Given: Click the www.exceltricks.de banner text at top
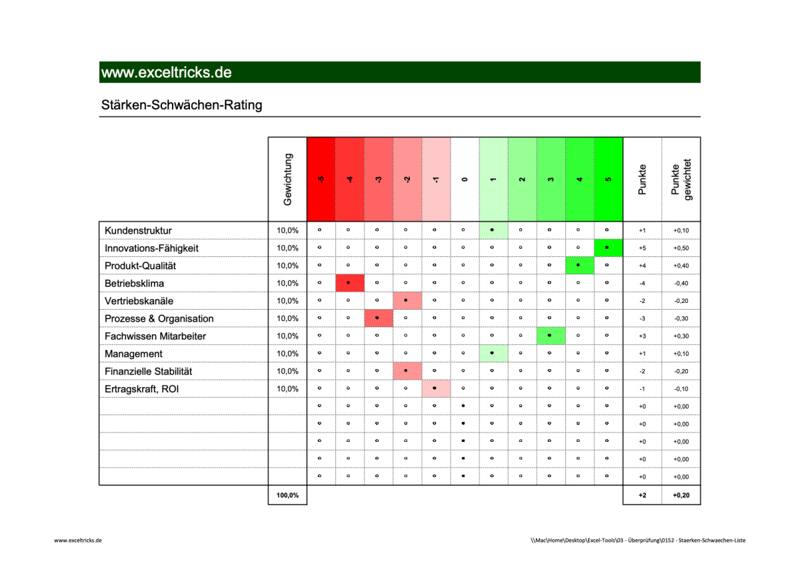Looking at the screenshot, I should [x=166, y=72].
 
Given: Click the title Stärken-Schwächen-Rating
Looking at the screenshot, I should [x=181, y=105].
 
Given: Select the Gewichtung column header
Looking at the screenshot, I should [x=288, y=179].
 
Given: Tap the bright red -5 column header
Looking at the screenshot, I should [x=321, y=179].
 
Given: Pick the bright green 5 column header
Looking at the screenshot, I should [x=608, y=179].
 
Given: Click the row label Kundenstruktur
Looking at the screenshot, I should [x=138, y=230].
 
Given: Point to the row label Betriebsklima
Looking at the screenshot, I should [x=134, y=283].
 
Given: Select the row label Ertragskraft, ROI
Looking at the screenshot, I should [x=142, y=388].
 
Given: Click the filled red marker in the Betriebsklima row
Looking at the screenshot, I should [x=349, y=283].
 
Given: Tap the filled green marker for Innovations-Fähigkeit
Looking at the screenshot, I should [x=607, y=248].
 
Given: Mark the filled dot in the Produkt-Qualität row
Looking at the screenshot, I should [x=579, y=265].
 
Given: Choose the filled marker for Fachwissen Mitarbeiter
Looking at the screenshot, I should [x=549, y=336].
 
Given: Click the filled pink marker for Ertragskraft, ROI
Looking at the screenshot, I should [x=435, y=388].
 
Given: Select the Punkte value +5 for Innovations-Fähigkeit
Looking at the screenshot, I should [x=642, y=248].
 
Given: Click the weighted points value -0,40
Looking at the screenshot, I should [x=681, y=284].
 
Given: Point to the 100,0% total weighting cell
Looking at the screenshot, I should [x=288, y=495].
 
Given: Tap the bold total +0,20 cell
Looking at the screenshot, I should [x=681, y=495].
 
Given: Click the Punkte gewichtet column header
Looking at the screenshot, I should [x=681, y=179].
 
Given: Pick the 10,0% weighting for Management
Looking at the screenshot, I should [x=288, y=354].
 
